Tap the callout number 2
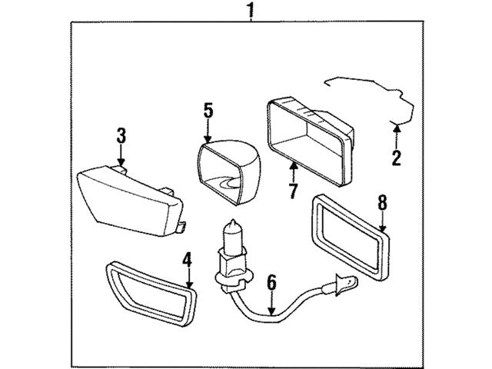[x=397, y=159]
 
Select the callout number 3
[x=121, y=137]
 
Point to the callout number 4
[x=187, y=260]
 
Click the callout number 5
[x=208, y=110]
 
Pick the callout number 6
[x=271, y=284]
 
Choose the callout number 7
[x=293, y=191]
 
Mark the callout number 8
[x=382, y=204]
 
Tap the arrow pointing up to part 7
[x=293, y=169]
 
